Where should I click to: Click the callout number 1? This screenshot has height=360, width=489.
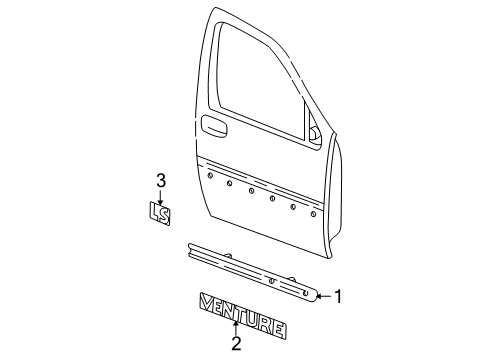(x=338, y=296)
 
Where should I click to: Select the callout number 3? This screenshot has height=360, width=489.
(x=160, y=182)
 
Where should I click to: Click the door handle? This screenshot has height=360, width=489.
(x=212, y=125)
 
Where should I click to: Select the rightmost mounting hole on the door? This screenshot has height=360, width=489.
(x=316, y=211)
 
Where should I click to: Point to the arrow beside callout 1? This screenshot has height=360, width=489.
(x=322, y=295)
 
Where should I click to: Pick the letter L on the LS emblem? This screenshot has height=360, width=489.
(x=153, y=211)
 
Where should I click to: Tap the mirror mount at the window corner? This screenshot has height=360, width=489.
(x=314, y=133)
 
